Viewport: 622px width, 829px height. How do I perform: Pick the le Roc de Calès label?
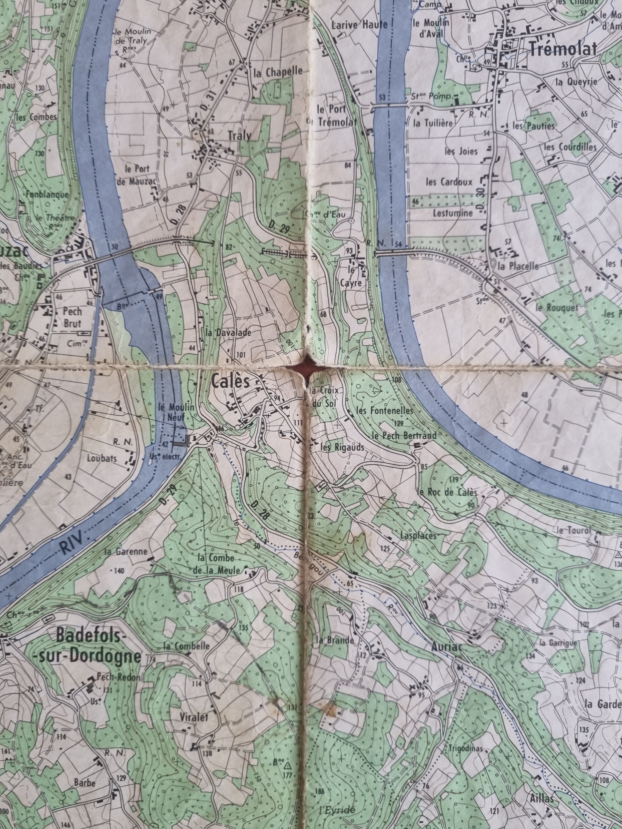tap(447, 492)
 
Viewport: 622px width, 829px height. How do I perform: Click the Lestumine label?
tap(453, 213)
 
